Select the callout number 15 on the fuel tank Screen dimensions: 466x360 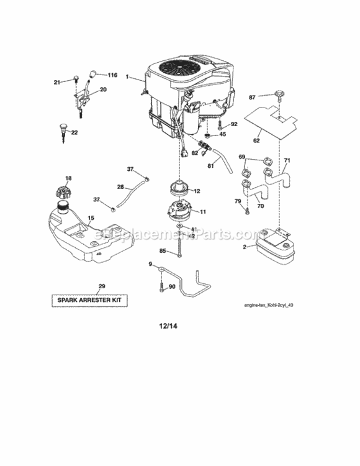(x=91, y=219)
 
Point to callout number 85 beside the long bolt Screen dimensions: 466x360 (x=162, y=252)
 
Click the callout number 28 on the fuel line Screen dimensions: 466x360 (x=120, y=186)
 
